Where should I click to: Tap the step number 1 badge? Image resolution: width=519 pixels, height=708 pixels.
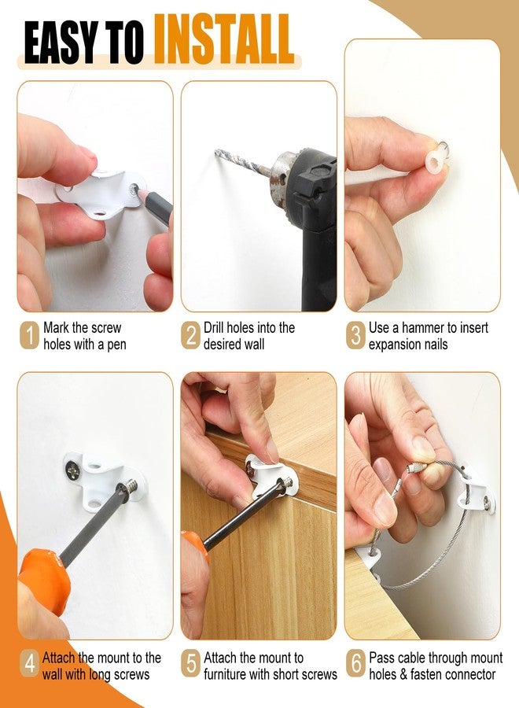pos(29,335)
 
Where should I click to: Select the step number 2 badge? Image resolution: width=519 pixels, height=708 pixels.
pos(191,335)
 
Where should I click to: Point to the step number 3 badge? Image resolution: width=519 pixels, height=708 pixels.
pos(356,335)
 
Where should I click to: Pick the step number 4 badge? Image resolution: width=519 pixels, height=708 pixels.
pos(29,664)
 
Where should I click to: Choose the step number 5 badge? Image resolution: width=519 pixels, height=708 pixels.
pos(191,664)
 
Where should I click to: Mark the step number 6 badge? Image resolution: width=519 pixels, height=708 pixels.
pos(356,664)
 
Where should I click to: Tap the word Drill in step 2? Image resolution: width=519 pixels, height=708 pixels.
pos(213,327)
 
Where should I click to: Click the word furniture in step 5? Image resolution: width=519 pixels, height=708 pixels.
pos(225,674)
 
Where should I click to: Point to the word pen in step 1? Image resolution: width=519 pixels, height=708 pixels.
pos(116,345)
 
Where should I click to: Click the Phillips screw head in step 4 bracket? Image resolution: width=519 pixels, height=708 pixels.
pos(72,471)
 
